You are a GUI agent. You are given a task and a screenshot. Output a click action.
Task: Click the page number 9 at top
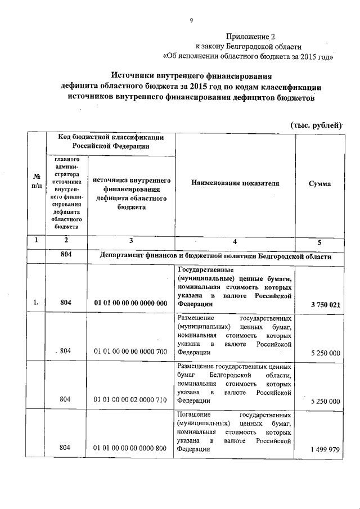point(191,21)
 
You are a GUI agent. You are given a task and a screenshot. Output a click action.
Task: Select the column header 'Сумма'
point(319,184)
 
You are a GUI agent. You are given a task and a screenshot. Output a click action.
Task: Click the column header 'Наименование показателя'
point(235,183)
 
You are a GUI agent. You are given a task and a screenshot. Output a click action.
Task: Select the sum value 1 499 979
point(325,449)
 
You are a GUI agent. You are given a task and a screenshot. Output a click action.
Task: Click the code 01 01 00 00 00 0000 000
point(130,304)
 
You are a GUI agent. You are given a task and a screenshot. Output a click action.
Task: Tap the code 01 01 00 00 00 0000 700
point(130,352)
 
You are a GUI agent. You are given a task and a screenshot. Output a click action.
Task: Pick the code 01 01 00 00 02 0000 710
point(130,400)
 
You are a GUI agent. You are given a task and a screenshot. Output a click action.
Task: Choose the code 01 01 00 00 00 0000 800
point(130,449)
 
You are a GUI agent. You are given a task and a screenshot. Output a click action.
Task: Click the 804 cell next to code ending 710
point(66,400)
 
